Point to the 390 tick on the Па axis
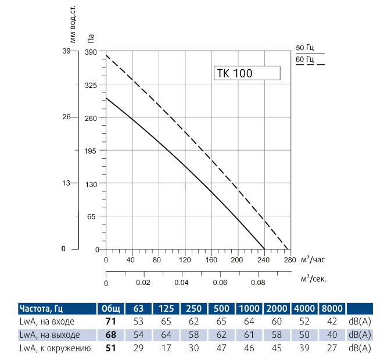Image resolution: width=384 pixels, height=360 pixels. tap(91, 52)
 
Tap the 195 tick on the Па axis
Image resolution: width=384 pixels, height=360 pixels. tap(91, 151)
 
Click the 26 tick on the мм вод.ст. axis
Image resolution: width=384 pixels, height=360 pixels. tap(66, 117)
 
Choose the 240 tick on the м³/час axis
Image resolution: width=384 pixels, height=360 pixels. tap(264, 259)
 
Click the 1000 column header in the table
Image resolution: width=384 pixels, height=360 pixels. tap(249, 308)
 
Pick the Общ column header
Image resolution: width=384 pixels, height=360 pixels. tap(107, 308)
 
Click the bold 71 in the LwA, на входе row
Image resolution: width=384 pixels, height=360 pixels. tap(107, 322)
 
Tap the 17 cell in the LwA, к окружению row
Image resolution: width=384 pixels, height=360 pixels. tap(166, 348)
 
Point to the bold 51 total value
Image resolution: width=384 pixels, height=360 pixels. tap(107, 348)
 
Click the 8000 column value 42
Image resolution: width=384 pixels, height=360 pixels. tap(332, 322)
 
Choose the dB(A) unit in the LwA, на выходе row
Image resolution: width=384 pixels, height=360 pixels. tap(360, 335)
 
